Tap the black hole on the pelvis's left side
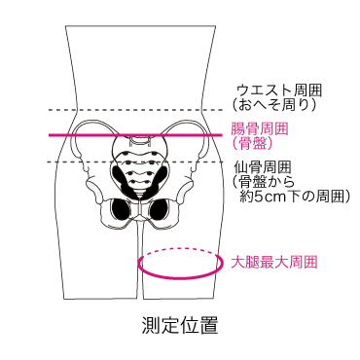pyautogui.click(x=125, y=208)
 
